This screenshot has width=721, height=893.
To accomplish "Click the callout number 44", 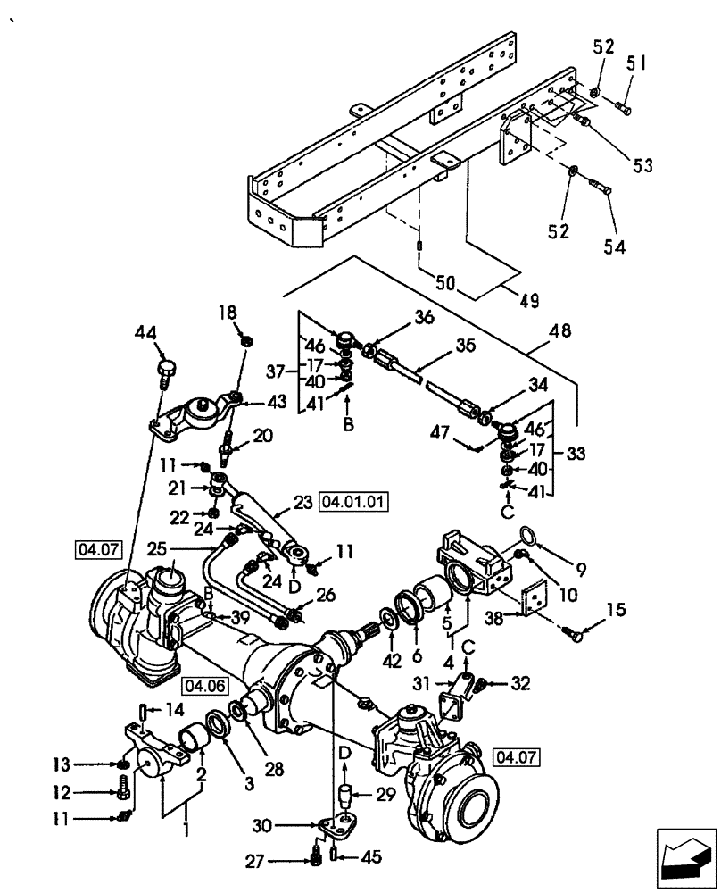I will pos(145,333).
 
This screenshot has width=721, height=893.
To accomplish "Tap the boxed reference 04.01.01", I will pos(353,502).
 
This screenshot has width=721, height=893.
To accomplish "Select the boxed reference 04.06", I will pos(203,685).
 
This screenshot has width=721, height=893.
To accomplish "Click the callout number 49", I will pos(529,301).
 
